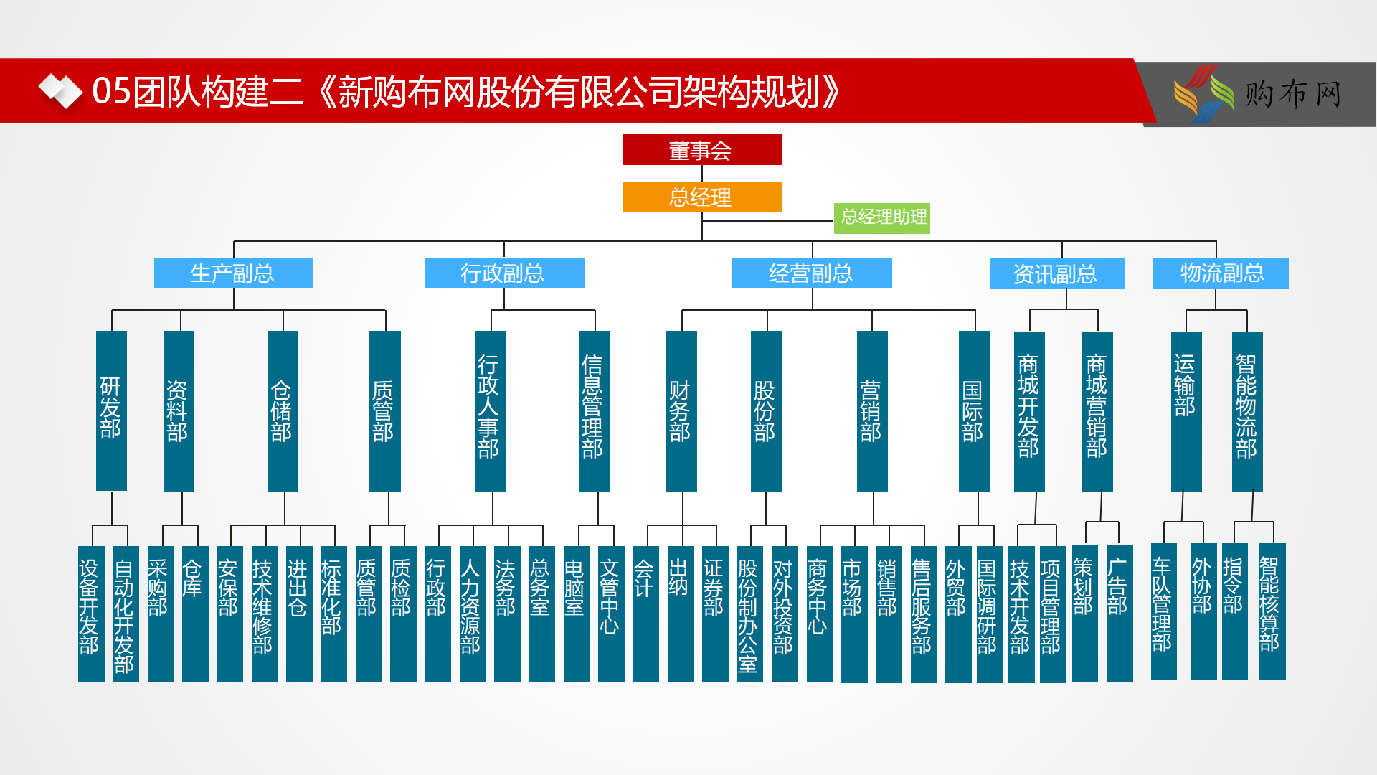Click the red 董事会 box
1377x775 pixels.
click(x=702, y=150)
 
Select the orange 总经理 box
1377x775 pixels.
click(x=702, y=197)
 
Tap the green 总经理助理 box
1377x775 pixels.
click(x=882, y=217)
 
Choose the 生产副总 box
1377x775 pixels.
click(x=234, y=273)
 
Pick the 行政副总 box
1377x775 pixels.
click(x=505, y=273)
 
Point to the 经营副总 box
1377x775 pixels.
click(x=812, y=273)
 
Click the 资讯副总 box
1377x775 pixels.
click(x=1057, y=274)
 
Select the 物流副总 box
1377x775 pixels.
click(x=1221, y=273)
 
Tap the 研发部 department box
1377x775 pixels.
click(x=111, y=410)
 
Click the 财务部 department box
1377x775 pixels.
click(x=681, y=411)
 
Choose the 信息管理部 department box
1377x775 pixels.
click(x=594, y=411)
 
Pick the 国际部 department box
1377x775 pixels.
click(x=974, y=411)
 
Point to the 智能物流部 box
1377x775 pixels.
click(x=1247, y=411)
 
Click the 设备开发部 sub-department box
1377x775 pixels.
click(x=91, y=614)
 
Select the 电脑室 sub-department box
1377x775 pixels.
click(x=577, y=614)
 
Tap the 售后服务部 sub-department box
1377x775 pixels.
click(x=924, y=614)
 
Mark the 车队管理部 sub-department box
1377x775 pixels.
click(x=1164, y=611)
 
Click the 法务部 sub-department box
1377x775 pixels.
click(x=507, y=614)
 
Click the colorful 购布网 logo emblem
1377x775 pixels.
click(x=1203, y=94)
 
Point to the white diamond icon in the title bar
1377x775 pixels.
click(x=60, y=91)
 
